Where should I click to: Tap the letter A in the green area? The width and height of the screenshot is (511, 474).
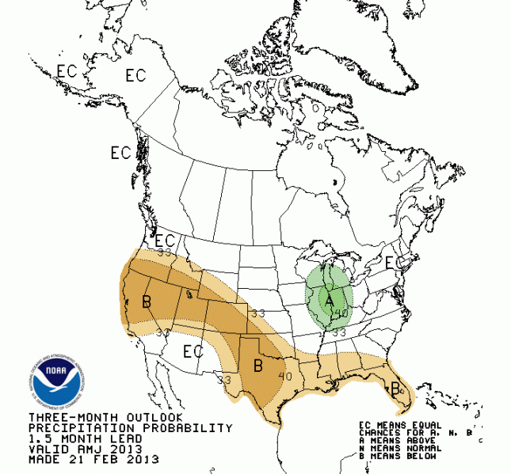pyautogui.click(x=330, y=301)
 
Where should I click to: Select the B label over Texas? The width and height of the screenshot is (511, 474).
pyautogui.click(x=257, y=366)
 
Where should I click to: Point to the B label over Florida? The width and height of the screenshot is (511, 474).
pyautogui.click(x=395, y=388)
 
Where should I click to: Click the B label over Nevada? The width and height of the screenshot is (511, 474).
pyautogui.click(x=146, y=301)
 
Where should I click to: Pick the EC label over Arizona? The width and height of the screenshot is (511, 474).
pyautogui.click(x=193, y=351)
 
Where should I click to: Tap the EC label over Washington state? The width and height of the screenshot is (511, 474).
pyautogui.click(x=165, y=241)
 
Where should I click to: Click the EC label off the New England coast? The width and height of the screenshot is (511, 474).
pyautogui.click(x=391, y=262)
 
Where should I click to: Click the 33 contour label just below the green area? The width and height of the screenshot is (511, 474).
pyautogui.click(x=338, y=333)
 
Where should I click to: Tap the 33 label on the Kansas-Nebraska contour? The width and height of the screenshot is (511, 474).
pyautogui.click(x=257, y=313)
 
